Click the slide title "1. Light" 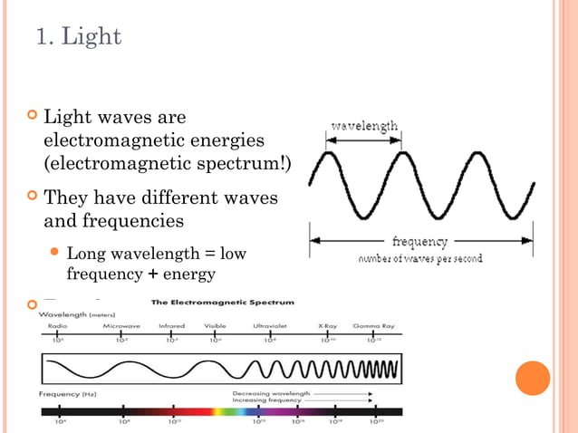click(79, 38)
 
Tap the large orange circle click(533, 379)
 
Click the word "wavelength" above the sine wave click(362, 127)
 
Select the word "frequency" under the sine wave click(419, 242)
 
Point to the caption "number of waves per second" click(419, 258)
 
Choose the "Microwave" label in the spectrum click(120, 326)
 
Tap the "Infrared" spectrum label click(171, 326)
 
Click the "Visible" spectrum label click(216, 326)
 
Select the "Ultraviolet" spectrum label click(271, 326)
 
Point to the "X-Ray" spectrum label click(328, 326)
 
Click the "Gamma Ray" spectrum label click(373, 326)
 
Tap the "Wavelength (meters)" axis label click(76, 315)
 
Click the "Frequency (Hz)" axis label click(67, 394)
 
